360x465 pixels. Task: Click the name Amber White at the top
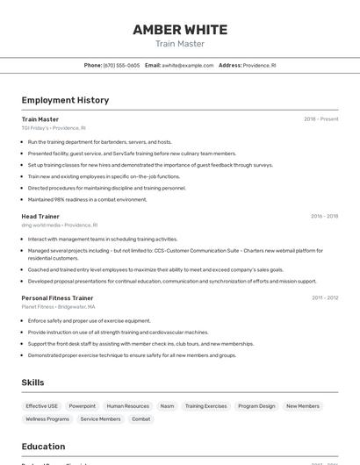[180, 30]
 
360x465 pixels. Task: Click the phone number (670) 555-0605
[121, 65]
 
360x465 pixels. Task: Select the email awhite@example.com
[188, 65]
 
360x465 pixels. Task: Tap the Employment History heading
[65, 100]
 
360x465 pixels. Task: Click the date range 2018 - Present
[320, 119]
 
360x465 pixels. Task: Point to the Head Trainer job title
[40, 216]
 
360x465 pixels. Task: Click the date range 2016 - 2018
[324, 216]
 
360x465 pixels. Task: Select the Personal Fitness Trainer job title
[57, 297]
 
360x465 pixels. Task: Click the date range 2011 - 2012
[325, 297]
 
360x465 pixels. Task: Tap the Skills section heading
[32, 383]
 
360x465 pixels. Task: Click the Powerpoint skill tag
[83, 406]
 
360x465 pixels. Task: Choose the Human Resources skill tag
[128, 406]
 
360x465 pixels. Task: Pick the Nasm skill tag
[167, 406]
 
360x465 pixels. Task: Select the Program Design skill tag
[256, 406]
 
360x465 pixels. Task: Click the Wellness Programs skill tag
[47, 419]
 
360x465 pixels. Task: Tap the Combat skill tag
[140, 419]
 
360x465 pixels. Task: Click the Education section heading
[43, 447]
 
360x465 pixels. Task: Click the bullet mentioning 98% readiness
[87, 199]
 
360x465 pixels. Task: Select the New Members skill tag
[303, 406]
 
